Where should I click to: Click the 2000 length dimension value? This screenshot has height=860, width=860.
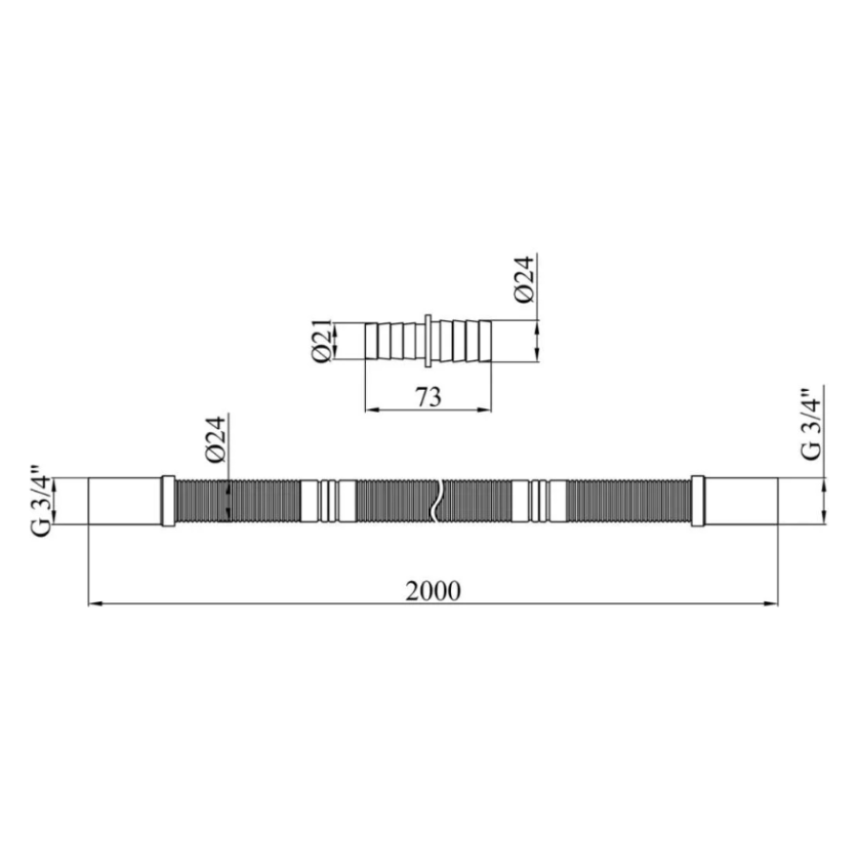click(x=433, y=591)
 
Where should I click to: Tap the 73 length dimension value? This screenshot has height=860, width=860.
click(x=428, y=398)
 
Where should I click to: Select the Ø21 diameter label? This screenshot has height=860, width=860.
click(x=322, y=340)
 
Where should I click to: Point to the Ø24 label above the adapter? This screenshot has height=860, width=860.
click(x=524, y=279)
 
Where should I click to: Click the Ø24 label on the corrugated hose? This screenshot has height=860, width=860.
click(x=216, y=440)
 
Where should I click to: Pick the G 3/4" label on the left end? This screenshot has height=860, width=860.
click(x=42, y=501)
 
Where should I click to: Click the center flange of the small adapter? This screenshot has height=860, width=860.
click(x=428, y=340)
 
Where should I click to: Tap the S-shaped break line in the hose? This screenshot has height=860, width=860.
click(x=437, y=500)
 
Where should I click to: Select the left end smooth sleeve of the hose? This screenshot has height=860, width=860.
click(x=125, y=501)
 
